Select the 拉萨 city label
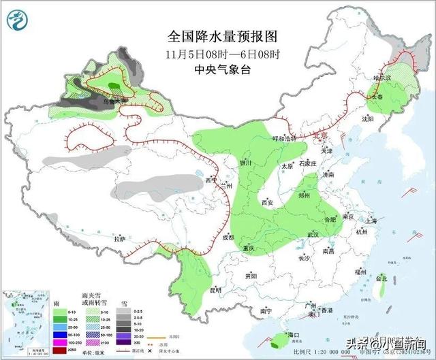(120, 240)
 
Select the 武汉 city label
(313, 234)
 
